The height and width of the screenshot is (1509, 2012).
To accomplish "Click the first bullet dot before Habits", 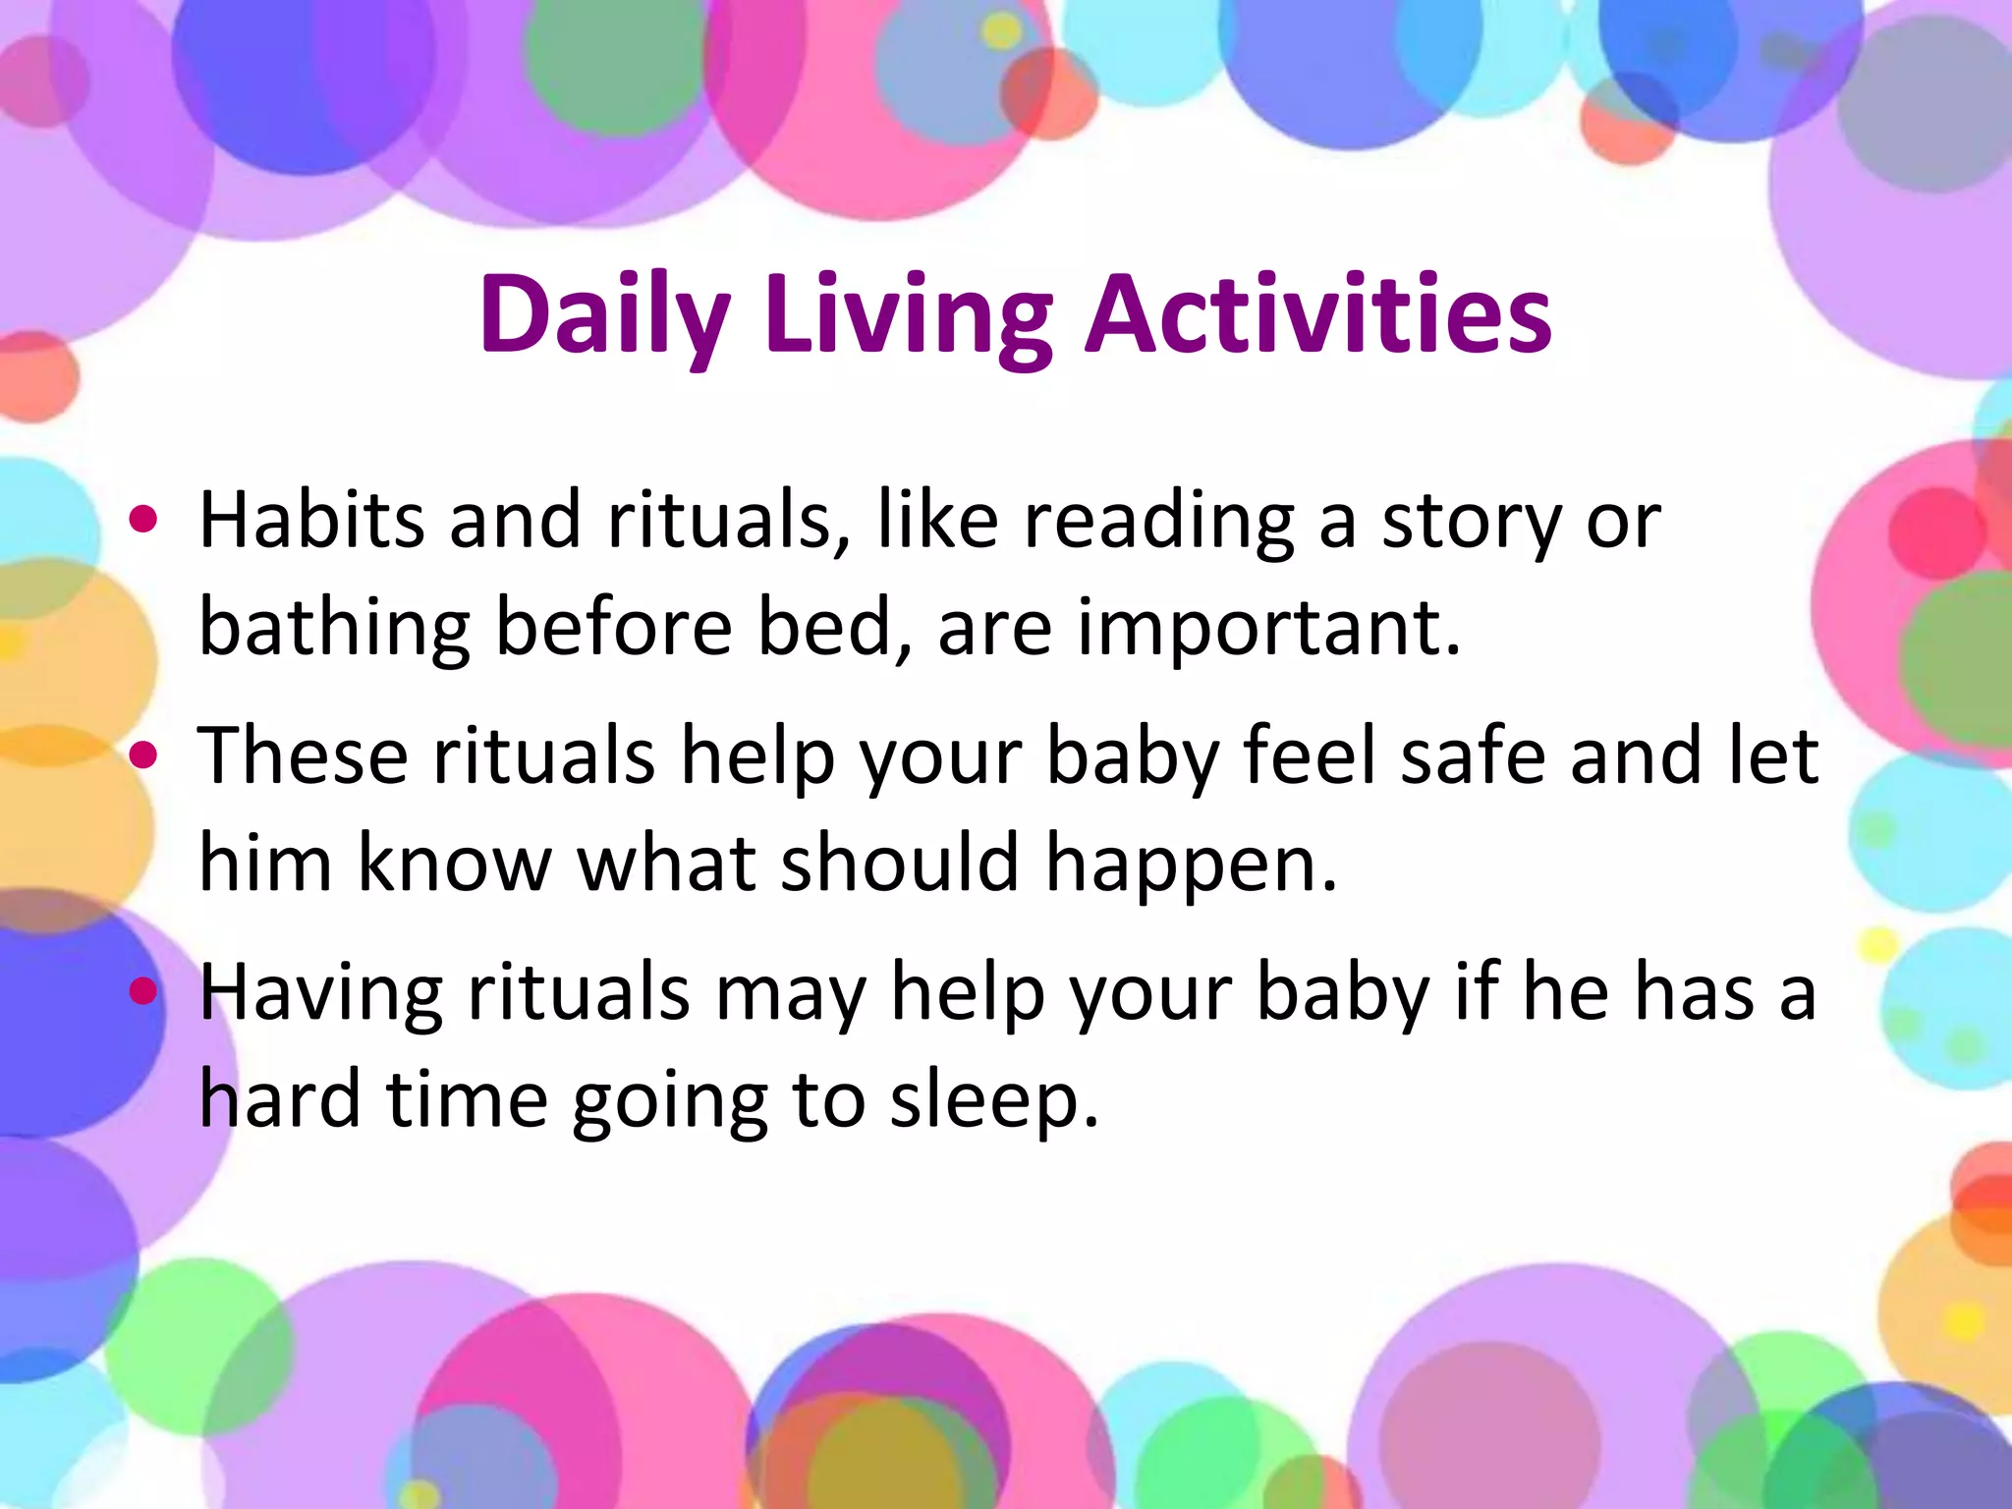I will tap(143, 519).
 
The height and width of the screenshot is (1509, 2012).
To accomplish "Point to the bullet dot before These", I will tap(143, 754).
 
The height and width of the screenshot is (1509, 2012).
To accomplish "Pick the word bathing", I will tap(334, 629).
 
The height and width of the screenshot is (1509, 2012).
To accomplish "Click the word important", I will tap(1267, 629).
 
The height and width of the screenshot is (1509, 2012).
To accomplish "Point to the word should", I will tap(898, 863).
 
